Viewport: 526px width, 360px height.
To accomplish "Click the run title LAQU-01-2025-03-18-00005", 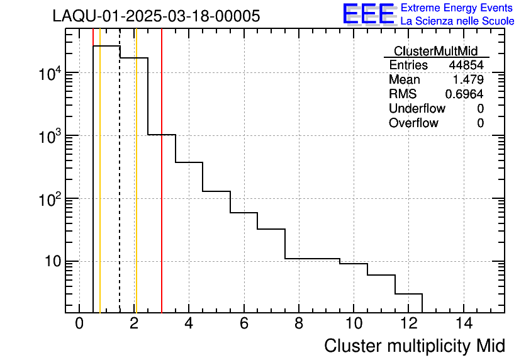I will click(156, 16).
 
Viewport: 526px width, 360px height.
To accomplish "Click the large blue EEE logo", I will click(369, 14).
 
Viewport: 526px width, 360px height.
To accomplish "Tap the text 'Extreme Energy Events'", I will click(457, 8).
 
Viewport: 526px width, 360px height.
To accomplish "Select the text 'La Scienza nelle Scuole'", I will click(457, 21).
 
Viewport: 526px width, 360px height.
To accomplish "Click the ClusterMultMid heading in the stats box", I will click(435, 51).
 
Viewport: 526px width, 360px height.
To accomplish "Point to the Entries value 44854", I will click(466, 65).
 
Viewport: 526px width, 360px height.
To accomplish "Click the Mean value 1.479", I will click(468, 80).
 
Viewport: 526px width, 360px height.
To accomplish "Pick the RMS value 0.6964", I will click(464, 94).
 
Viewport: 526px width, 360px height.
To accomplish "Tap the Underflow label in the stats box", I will click(417, 108).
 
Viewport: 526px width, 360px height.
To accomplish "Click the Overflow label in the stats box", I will click(413, 123).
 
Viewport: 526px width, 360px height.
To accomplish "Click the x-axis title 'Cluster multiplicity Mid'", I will click(414, 346).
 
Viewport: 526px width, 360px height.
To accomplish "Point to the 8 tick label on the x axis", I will click(298, 324).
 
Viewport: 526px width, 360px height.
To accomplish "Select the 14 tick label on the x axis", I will click(463, 324).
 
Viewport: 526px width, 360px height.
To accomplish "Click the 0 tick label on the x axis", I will click(79, 324).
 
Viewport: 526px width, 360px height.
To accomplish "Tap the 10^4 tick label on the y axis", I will click(49, 74).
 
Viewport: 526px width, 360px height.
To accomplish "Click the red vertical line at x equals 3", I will click(162, 189).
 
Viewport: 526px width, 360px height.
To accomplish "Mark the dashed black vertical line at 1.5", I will click(120, 189).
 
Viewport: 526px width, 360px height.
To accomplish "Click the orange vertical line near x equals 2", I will click(136, 189).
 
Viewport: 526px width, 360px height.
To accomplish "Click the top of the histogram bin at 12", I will click(408, 294).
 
